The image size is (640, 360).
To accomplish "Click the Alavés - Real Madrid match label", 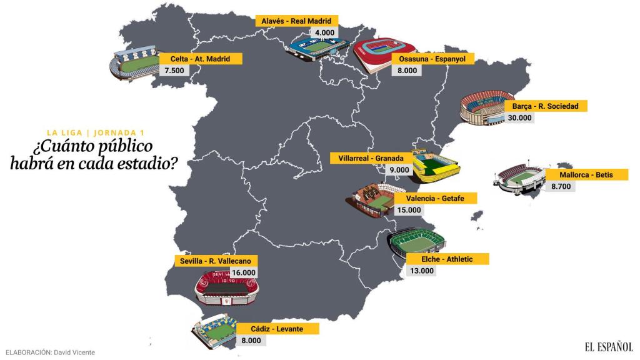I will point(297,21).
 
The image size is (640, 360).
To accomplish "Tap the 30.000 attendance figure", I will point(519,117).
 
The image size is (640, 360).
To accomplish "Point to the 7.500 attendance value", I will point(174,71).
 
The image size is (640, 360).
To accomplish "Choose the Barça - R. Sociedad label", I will point(546,106).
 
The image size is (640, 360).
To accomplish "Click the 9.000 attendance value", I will point(399,169).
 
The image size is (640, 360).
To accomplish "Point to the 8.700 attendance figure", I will point(561,186).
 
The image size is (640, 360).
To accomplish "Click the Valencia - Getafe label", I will point(435,198).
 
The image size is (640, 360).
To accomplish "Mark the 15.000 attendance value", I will point(409,210).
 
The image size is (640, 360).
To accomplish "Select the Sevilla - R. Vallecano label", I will point(215,261).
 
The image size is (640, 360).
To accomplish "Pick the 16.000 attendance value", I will point(244,272).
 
